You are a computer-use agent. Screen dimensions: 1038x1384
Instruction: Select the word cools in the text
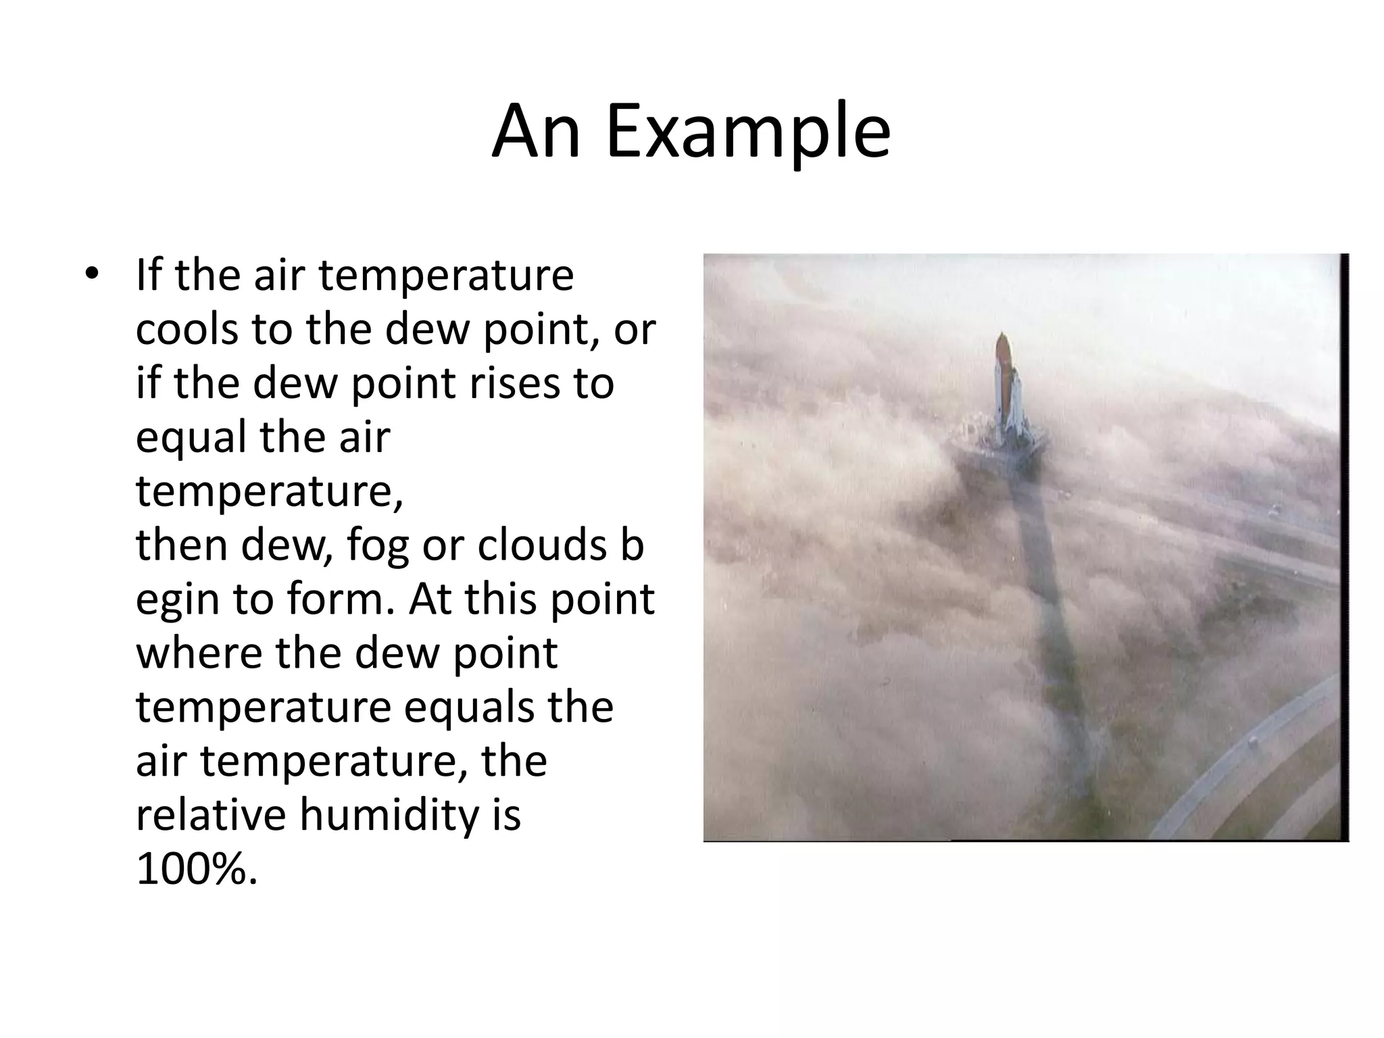tap(187, 329)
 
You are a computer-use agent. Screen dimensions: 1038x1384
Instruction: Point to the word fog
tap(378, 546)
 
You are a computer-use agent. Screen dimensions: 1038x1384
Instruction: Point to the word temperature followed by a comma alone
tap(268, 491)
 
